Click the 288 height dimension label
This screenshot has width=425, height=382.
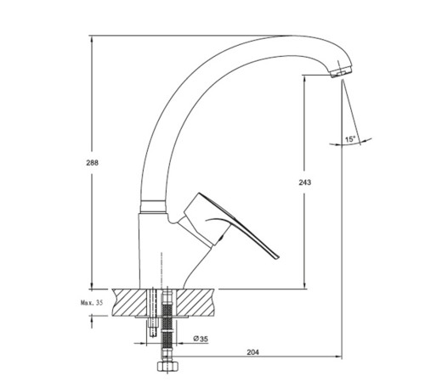point(93,163)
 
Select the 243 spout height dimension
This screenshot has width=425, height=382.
point(305,183)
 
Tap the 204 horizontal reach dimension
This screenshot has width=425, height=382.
point(252,352)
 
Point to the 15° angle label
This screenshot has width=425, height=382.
point(350,139)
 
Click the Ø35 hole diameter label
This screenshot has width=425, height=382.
point(201,339)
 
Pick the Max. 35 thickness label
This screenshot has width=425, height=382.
point(92,303)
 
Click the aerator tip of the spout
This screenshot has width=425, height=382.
point(342,72)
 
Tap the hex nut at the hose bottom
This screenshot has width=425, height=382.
point(168,367)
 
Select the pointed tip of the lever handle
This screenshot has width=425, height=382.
point(279,257)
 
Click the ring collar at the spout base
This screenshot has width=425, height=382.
point(153,206)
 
